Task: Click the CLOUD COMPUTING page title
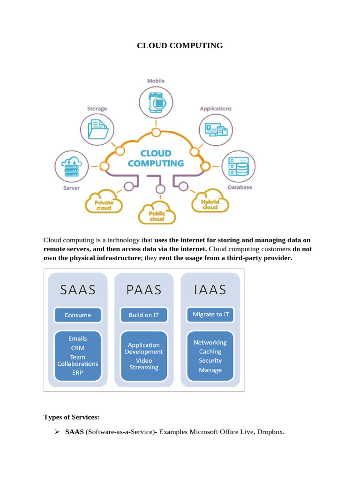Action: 180,45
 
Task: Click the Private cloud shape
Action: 104,203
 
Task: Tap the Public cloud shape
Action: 157,214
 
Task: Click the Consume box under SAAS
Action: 78,315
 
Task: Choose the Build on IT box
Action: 144,315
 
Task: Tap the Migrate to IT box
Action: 210,315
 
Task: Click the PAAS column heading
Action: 144,290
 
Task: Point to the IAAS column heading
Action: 210,290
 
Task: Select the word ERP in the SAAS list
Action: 78,373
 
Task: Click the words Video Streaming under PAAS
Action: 144,364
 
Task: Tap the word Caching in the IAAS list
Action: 210,351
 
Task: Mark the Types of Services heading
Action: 71,417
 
